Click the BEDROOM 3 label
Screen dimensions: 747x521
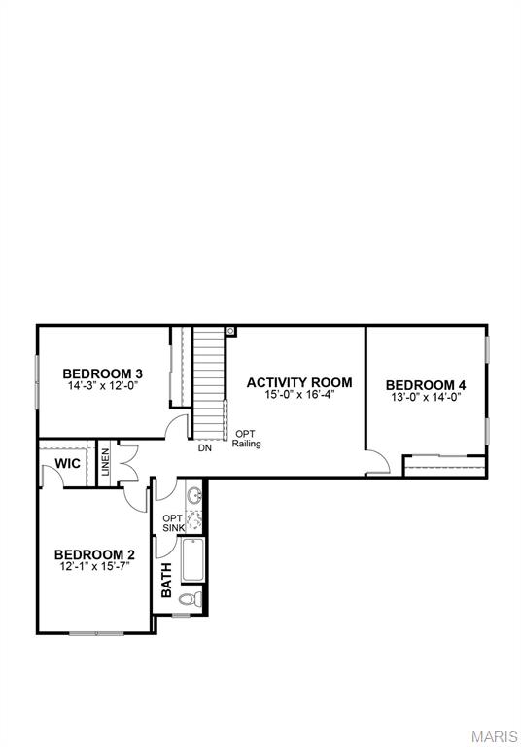(103, 373)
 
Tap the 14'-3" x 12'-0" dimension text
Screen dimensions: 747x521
(103, 386)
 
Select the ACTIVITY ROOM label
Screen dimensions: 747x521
(298, 382)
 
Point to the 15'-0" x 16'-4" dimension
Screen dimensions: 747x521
(298, 395)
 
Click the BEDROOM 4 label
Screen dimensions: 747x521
(426, 383)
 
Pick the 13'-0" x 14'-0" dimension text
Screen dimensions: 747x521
(426, 396)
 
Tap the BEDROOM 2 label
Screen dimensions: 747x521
(93, 553)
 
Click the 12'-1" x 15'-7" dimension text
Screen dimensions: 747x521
(93, 566)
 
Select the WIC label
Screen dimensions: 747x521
(67, 463)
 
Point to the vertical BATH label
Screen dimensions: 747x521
(166, 580)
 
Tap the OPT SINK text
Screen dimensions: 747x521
(172, 522)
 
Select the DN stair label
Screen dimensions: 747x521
(205, 448)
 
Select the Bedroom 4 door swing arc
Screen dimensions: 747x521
(379, 461)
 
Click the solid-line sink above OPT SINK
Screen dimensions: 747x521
(192, 495)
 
